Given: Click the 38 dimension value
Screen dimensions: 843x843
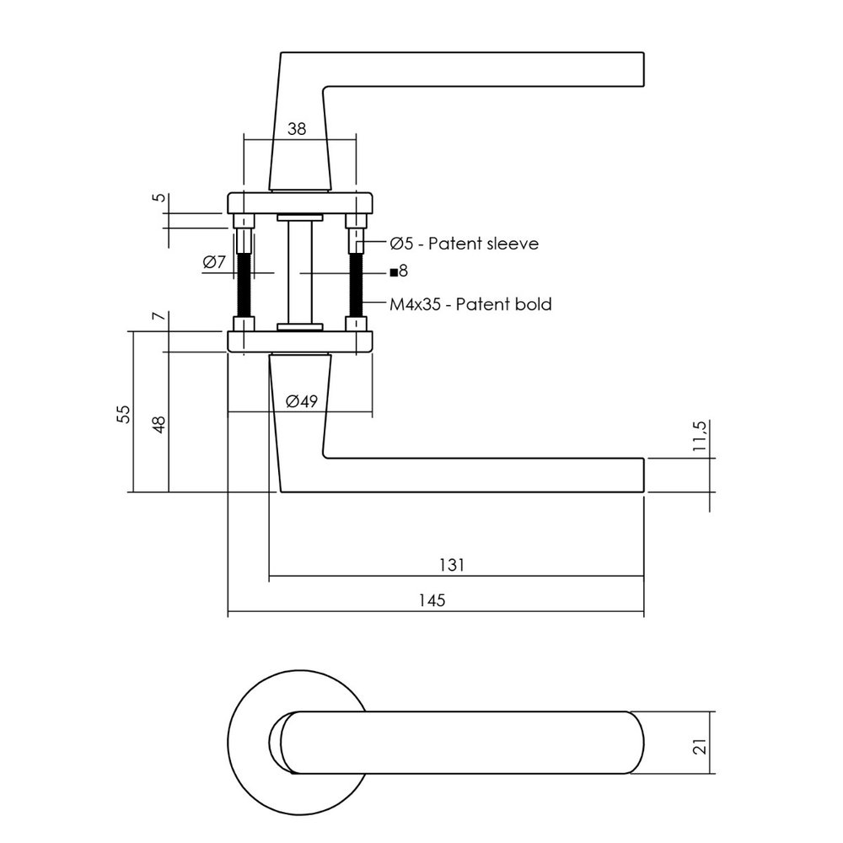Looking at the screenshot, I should tap(296, 128).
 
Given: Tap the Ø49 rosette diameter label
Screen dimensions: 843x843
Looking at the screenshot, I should tap(301, 401).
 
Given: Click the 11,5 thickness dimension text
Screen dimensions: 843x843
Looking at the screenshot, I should tap(699, 438).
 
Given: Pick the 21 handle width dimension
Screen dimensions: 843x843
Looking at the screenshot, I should tap(699, 743).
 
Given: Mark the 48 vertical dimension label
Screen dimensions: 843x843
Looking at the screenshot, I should tap(158, 424).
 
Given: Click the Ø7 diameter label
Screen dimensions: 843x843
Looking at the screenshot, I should tap(214, 262).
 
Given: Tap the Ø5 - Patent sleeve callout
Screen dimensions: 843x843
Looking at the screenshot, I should tap(463, 244).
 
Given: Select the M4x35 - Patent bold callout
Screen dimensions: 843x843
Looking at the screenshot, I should tap(470, 304).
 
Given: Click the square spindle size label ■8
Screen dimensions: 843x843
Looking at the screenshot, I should tap(399, 271).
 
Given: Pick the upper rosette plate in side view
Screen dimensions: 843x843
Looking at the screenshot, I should tap(299, 203).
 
